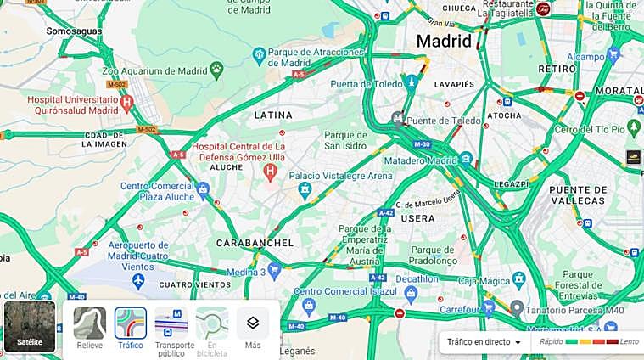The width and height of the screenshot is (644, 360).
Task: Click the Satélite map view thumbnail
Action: pos(30,326)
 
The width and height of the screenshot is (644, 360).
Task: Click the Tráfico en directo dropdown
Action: pos(484,341)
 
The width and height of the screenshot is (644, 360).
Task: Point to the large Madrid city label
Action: pos(443,41)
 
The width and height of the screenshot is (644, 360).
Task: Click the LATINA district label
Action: pos(273,115)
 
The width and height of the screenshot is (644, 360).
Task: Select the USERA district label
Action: pos(418,218)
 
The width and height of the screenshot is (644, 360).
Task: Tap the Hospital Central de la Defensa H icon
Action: pos(271,172)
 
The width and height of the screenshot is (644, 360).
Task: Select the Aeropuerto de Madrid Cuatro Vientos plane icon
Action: pos(139,279)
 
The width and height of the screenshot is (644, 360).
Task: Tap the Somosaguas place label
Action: pos(74,31)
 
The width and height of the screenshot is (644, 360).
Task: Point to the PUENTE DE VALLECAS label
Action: pos(577,194)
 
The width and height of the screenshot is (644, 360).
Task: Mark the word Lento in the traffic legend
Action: pos(629,341)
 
